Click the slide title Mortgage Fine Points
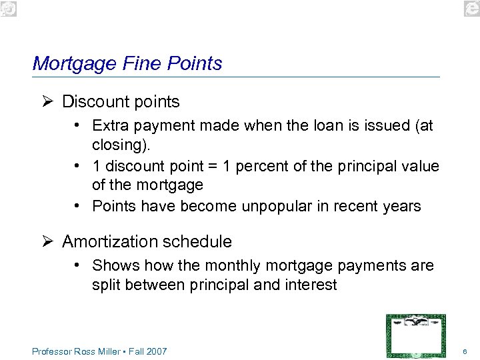coord(127,63)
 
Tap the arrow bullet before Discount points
coord(46,102)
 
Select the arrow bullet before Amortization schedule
coord(46,241)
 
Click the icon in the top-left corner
coord(9,8)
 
